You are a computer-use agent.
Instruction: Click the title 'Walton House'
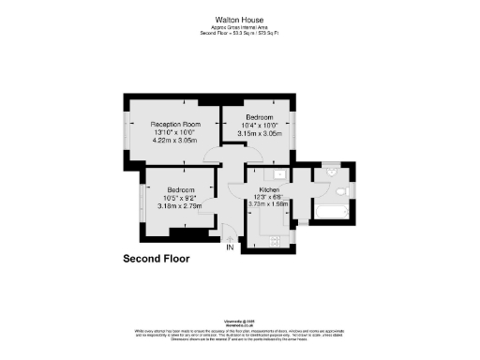240,19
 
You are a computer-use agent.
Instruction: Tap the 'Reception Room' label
177,125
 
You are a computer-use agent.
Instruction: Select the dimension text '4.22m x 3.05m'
177,140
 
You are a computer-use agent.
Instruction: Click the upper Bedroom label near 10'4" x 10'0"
254,117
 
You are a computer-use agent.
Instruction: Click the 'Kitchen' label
271,190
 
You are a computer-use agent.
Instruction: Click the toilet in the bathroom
343,190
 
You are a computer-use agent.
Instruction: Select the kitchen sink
279,174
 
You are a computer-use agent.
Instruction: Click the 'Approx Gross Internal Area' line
240,27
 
